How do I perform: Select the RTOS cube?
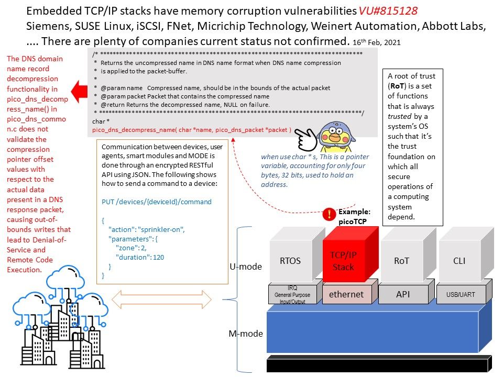[290, 261]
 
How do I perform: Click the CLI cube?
[458, 260]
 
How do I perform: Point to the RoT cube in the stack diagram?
[401, 260]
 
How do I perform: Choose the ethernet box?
[346, 294]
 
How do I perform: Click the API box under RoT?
[403, 294]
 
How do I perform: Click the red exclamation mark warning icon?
[329, 214]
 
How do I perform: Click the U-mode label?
[246, 267]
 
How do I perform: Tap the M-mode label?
[246, 334]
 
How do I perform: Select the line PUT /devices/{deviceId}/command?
[157, 202]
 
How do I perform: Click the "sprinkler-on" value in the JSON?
[167, 229]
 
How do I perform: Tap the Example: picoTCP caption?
[355, 216]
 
